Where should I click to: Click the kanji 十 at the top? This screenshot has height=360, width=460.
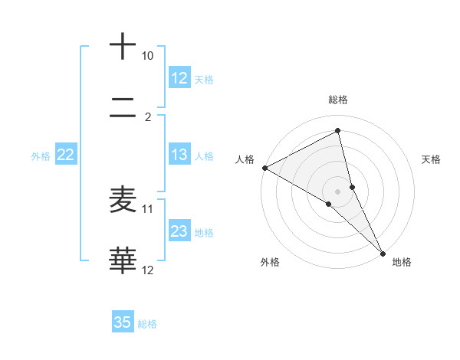pos(123,46)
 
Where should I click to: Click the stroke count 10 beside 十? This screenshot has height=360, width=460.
pos(147,57)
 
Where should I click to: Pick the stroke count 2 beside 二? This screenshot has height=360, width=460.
pos(148,117)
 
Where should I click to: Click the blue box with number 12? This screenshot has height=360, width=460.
pos(179,78)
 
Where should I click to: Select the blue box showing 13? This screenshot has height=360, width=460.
pos(179,155)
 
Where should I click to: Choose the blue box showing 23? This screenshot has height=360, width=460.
pos(179,231)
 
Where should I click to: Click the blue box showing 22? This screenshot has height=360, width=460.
pos(66,155)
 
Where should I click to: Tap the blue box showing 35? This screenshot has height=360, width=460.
pos(123,322)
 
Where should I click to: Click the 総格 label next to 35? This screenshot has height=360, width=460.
pos(148,324)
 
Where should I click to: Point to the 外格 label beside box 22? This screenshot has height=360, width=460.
pos(41,156)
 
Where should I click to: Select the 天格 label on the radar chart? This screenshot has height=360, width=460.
pos(432,159)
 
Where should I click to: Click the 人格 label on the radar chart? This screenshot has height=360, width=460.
pos(245,159)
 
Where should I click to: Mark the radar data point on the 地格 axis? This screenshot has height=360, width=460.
pos(383,252)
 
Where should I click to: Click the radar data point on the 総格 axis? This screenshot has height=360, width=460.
pos(338,131)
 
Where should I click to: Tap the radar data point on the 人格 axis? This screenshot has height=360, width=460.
pos(264,168)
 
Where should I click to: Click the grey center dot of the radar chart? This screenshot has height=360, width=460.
pos(338,191)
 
